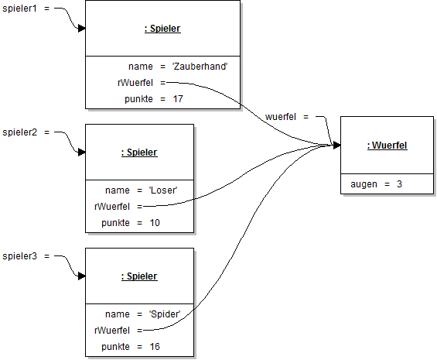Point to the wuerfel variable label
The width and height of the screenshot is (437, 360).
point(282,117)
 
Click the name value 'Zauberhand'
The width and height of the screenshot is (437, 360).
point(200,67)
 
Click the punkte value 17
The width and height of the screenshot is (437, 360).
point(179,100)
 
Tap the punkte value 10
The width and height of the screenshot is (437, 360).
point(155,223)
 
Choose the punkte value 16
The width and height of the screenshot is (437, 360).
point(155,346)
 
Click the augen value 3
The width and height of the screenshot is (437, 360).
point(399,183)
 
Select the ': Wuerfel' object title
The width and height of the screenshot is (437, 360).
point(387,145)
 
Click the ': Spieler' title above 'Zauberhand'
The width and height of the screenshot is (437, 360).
point(162,29)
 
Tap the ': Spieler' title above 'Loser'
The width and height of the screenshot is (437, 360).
point(139,153)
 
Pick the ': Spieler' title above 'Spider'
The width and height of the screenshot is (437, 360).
point(139,276)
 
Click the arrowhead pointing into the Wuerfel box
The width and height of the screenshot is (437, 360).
point(336,145)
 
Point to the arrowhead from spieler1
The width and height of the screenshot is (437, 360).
point(80,29)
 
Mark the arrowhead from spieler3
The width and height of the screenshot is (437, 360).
point(80,276)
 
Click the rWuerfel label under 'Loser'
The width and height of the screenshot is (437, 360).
point(113,207)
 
